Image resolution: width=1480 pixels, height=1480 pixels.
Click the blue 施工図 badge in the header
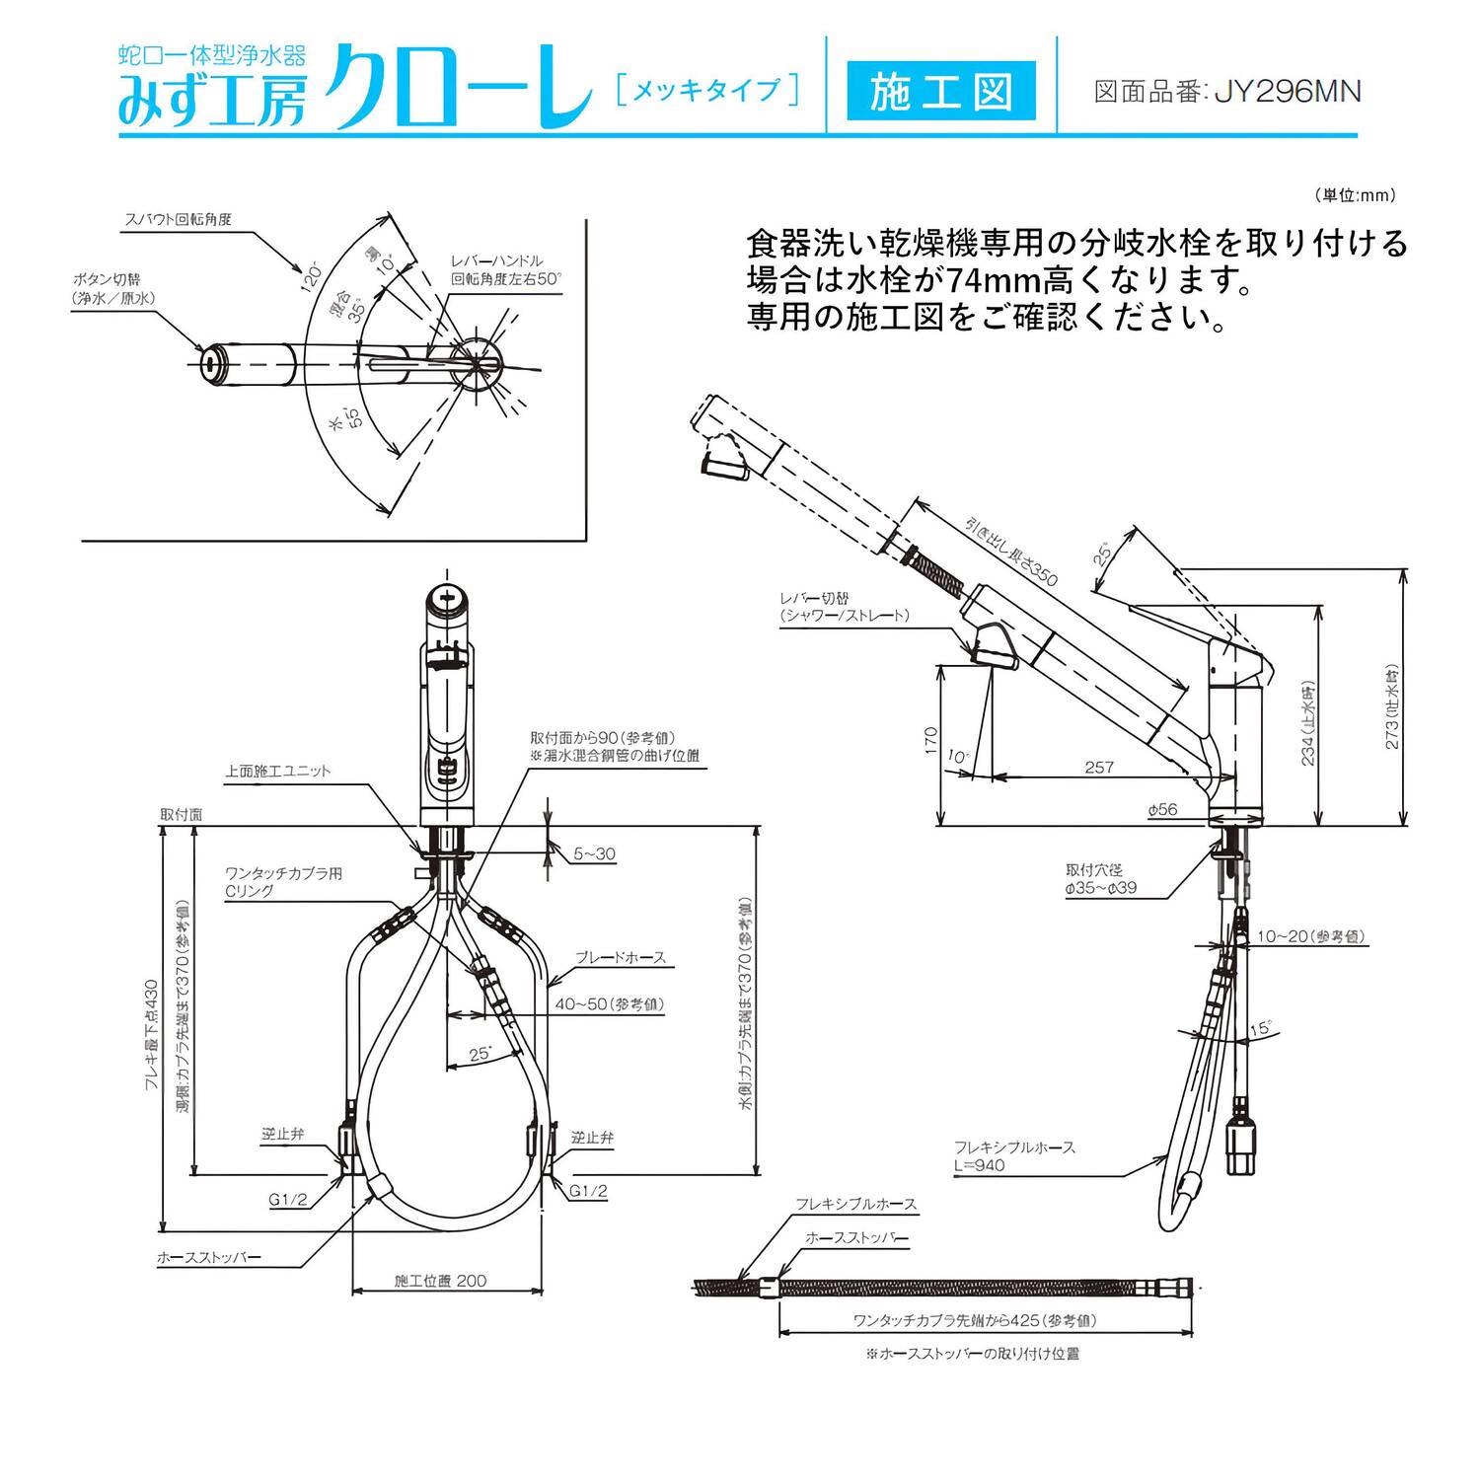tap(941, 91)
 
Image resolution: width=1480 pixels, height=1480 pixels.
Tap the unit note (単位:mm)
tap(1355, 195)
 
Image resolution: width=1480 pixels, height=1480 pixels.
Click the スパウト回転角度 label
tap(179, 219)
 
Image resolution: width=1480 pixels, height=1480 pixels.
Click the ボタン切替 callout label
tap(112, 288)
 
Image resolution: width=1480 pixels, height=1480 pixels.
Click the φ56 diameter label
tap(1162, 809)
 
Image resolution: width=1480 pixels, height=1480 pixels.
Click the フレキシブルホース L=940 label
tap(1014, 1155)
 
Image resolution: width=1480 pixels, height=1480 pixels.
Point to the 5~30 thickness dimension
tap(594, 853)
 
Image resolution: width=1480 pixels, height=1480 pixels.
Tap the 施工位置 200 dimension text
tap(440, 1281)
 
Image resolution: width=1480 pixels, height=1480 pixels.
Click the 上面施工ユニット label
tap(277, 771)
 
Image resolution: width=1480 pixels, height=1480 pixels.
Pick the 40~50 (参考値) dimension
tap(609, 1004)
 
